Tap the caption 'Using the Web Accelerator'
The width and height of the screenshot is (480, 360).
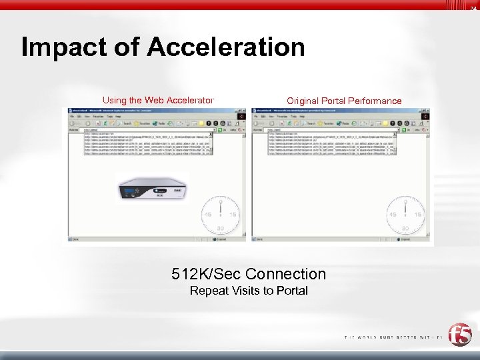pos(158,101)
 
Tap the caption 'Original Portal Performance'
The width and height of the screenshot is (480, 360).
pos(344,101)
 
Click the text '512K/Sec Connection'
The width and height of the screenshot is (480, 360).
pos(249,274)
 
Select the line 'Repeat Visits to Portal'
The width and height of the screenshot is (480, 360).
pos(249,291)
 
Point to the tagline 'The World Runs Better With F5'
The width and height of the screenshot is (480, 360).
pos(393,337)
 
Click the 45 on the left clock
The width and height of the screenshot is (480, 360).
pos(208,215)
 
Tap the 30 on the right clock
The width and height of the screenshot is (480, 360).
pos(407,227)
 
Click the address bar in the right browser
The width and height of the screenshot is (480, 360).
pos(333,130)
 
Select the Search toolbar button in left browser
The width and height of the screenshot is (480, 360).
pos(125,123)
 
